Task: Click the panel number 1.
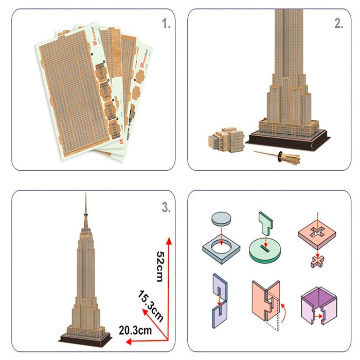pyautogui.click(x=165, y=24)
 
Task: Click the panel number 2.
pyautogui.click(x=338, y=24)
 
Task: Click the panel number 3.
pyautogui.click(x=165, y=208)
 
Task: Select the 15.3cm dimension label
pyautogui.click(x=151, y=306)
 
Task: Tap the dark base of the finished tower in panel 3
pyautogui.click(x=85, y=339)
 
